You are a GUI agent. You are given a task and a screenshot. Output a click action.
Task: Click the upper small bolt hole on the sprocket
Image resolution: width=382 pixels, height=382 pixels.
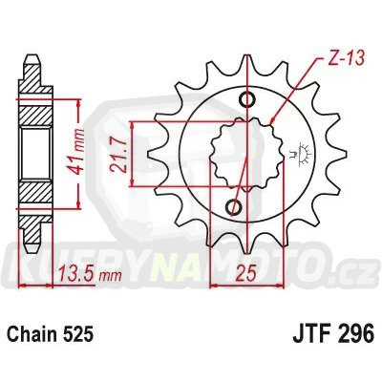point(247,100)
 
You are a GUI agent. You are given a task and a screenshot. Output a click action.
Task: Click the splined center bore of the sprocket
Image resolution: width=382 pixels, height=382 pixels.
point(242,154)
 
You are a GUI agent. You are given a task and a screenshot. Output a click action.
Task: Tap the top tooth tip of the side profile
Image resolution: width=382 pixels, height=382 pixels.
point(32,60)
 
